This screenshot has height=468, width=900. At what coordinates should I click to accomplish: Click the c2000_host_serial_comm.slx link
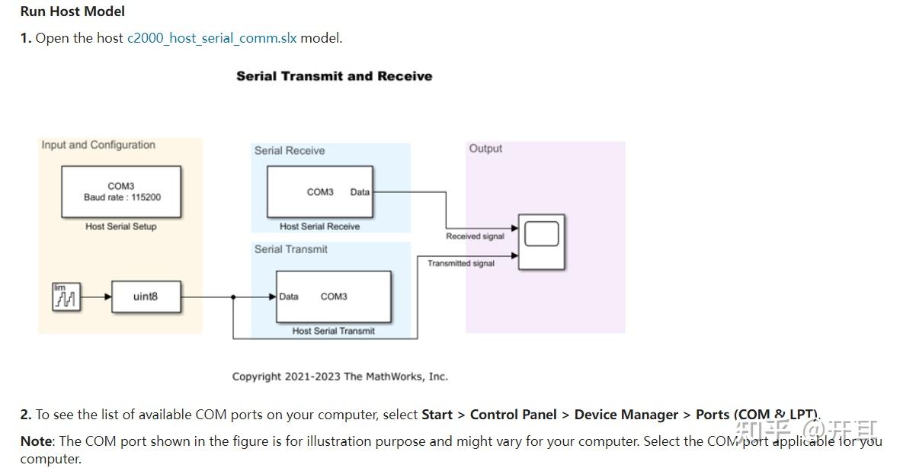[x=211, y=38]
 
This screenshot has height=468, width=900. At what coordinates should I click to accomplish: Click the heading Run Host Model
[x=72, y=11]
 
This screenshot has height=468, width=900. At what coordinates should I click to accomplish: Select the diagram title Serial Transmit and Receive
[x=334, y=76]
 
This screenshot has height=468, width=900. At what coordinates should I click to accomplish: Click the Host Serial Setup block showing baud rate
[x=122, y=192]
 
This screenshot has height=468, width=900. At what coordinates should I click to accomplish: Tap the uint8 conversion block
[x=146, y=297]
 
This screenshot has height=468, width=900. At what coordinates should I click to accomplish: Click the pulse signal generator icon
[x=66, y=297]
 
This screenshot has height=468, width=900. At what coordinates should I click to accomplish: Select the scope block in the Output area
[x=542, y=242]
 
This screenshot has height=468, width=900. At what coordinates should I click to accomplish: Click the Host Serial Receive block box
[x=319, y=192]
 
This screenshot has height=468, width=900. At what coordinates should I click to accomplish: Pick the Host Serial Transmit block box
[x=334, y=297]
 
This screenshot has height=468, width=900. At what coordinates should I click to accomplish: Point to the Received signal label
[x=475, y=236]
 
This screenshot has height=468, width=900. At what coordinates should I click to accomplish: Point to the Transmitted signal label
[x=460, y=264]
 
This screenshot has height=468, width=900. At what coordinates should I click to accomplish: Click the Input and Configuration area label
[x=98, y=145]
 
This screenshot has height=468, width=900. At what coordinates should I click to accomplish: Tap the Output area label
[x=485, y=149]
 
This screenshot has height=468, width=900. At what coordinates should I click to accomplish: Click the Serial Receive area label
[x=290, y=151]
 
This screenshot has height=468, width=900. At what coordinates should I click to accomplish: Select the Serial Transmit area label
[x=291, y=249]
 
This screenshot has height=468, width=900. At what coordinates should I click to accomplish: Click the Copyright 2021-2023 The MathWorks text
[x=340, y=377]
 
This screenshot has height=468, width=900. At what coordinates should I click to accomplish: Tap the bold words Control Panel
[x=513, y=415]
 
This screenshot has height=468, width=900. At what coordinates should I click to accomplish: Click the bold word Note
[x=36, y=441]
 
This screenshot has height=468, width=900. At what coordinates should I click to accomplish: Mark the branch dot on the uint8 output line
[x=233, y=297]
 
